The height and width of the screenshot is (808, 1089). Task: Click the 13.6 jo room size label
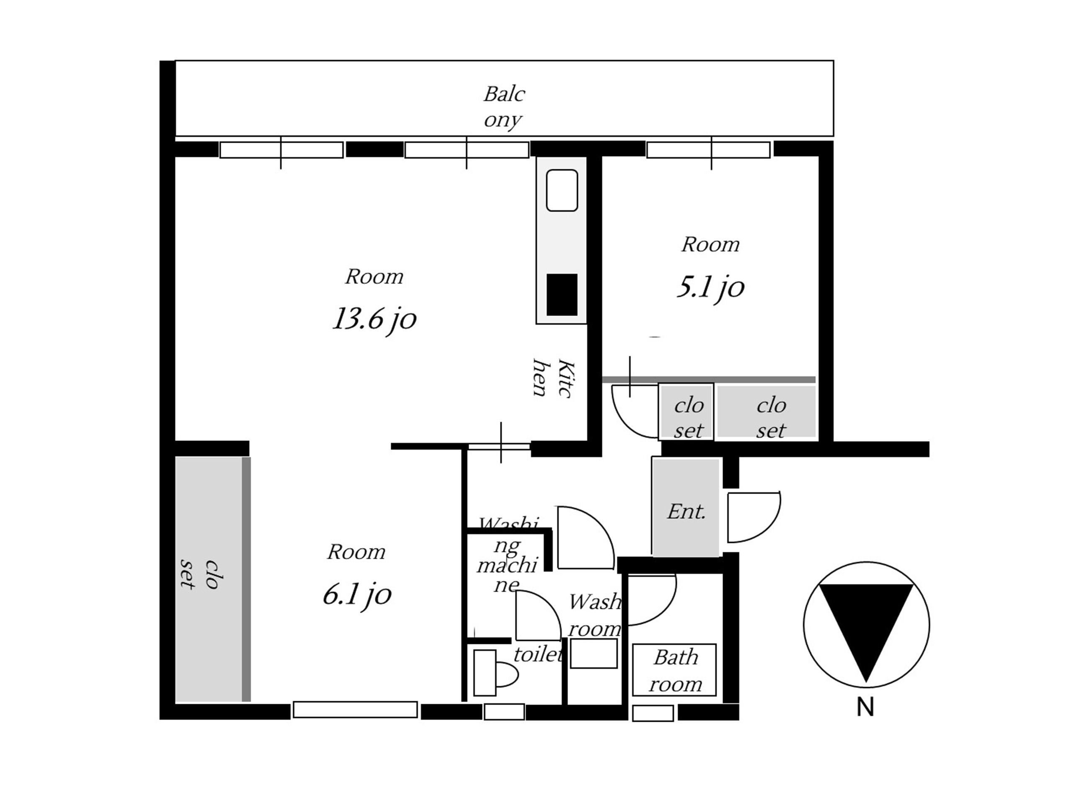[x=374, y=320]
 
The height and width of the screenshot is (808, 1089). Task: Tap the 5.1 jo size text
[x=710, y=287]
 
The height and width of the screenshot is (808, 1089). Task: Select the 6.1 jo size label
[x=357, y=595]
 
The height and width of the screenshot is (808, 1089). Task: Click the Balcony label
[x=504, y=107]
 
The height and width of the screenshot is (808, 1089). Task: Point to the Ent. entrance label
[x=686, y=512]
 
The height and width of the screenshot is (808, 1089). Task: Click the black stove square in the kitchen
[x=562, y=295]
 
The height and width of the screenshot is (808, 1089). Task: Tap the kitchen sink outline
[x=562, y=190]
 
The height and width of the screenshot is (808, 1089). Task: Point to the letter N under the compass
[x=865, y=707]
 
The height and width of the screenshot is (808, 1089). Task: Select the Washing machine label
[x=507, y=555]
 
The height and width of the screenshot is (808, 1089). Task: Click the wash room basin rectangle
[x=594, y=654]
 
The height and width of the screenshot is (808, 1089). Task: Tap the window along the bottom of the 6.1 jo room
[x=355, y=710]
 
